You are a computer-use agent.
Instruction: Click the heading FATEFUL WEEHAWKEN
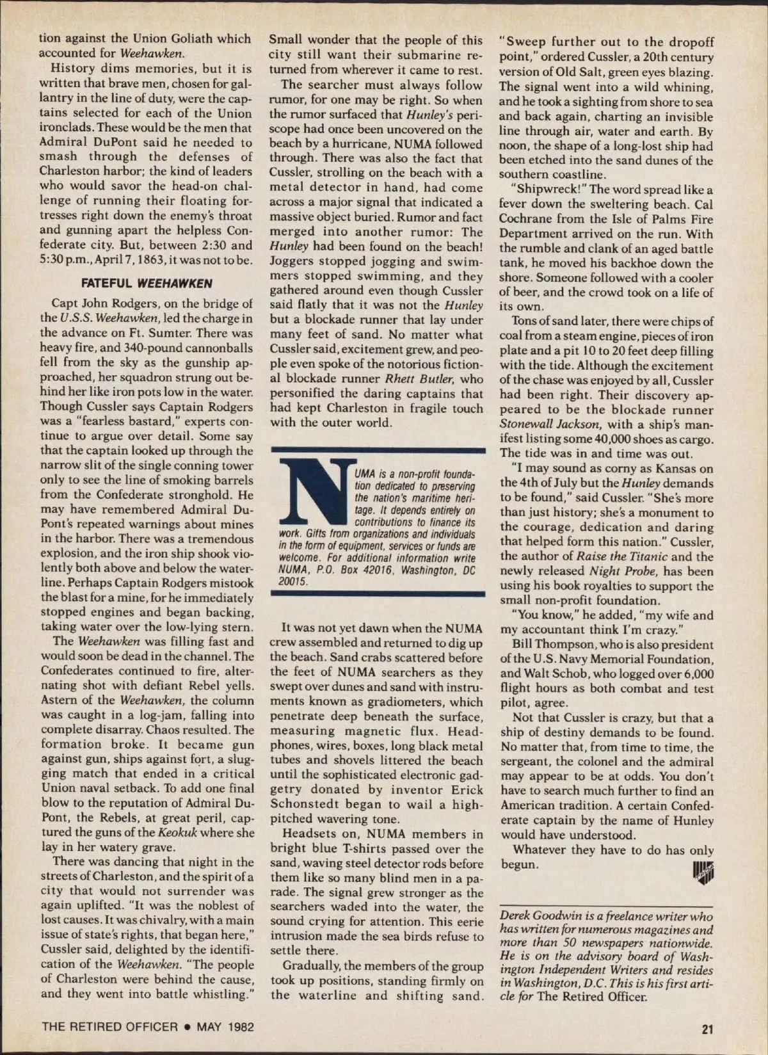pyautogui.click(x=147, y=283)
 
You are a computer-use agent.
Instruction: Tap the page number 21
pyautogui.click(x=707, y=1029)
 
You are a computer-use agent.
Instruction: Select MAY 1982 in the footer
pyautogui.click(x=225, y=1027)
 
